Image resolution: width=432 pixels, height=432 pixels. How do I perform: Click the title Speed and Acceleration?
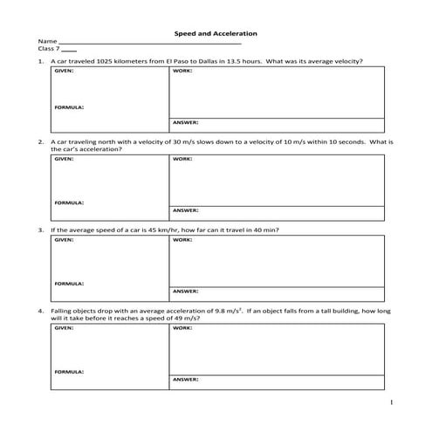coord(216,32)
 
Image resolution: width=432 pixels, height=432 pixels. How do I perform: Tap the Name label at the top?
coord(47,42)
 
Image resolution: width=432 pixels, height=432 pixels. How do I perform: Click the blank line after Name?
coord(148,44)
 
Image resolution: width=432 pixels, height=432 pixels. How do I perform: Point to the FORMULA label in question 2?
coord(70,202)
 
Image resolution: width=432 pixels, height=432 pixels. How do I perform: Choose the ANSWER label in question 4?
coord(186,381)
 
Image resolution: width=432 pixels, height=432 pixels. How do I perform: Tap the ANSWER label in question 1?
coord(186,122)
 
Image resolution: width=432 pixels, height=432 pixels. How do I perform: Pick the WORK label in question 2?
coord(182,159)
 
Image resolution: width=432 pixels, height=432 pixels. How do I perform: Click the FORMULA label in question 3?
coord(70,284)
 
